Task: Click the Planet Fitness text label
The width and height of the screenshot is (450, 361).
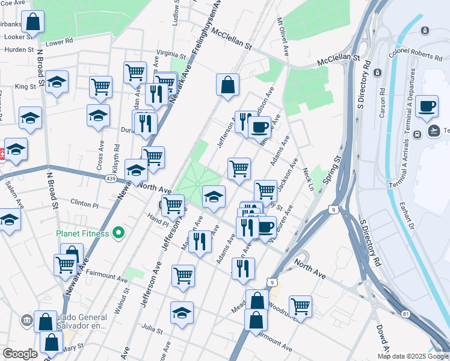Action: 82,233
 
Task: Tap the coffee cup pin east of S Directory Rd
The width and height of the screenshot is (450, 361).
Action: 428,106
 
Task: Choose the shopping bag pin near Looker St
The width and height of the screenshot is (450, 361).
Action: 33,23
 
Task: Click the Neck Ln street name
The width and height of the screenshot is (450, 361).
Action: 309,179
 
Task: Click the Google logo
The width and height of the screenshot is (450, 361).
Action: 20,354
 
